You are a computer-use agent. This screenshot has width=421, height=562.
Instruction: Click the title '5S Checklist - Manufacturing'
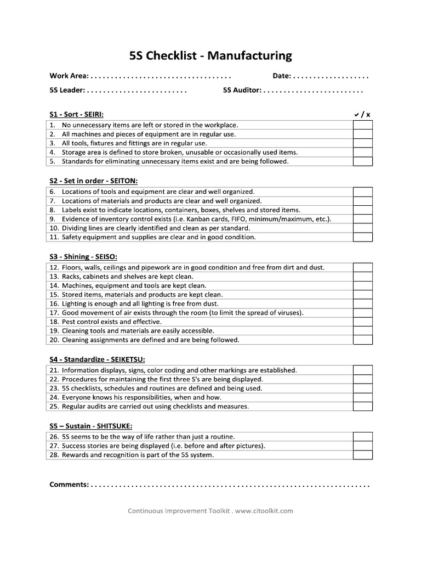210,55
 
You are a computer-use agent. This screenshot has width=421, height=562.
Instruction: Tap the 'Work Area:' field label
69,76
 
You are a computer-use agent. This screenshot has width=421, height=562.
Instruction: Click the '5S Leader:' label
67,90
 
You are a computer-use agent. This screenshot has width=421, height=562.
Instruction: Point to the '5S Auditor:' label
242,90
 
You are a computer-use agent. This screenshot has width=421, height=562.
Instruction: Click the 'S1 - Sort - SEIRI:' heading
76,114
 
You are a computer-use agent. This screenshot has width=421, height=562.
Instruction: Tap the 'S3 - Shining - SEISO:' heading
83,256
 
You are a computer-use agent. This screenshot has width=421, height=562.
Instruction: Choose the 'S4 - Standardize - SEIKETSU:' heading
97,359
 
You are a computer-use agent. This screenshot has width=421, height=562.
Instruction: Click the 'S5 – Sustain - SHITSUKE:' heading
90,425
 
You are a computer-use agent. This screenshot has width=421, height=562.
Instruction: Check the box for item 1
362,125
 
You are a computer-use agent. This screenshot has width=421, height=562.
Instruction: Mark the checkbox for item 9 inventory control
362,219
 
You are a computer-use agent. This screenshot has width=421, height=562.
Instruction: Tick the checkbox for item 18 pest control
362,322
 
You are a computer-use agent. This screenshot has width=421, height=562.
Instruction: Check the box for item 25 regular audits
362,407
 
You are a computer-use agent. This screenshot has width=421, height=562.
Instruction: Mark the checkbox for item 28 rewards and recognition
362,455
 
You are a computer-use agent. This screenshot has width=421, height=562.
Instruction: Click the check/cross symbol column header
362,114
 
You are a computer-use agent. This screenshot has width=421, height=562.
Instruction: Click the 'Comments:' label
69,485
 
